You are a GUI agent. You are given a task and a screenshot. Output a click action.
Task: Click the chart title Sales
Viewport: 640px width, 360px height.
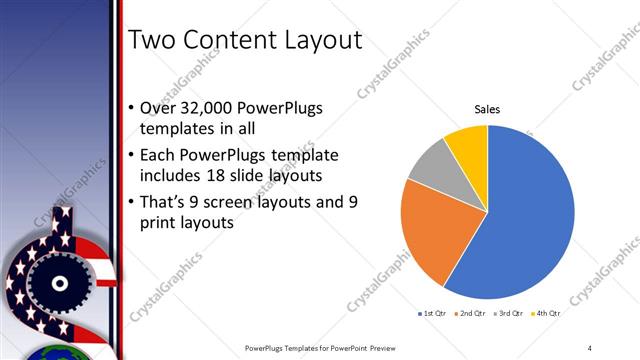coord(487,109)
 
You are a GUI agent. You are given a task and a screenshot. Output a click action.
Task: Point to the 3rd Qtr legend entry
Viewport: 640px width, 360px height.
coord(510,314)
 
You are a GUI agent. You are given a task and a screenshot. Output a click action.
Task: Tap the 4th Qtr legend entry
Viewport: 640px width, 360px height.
coord(546,314)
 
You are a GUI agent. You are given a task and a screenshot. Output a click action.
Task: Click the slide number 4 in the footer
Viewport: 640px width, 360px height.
coord(589,347)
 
